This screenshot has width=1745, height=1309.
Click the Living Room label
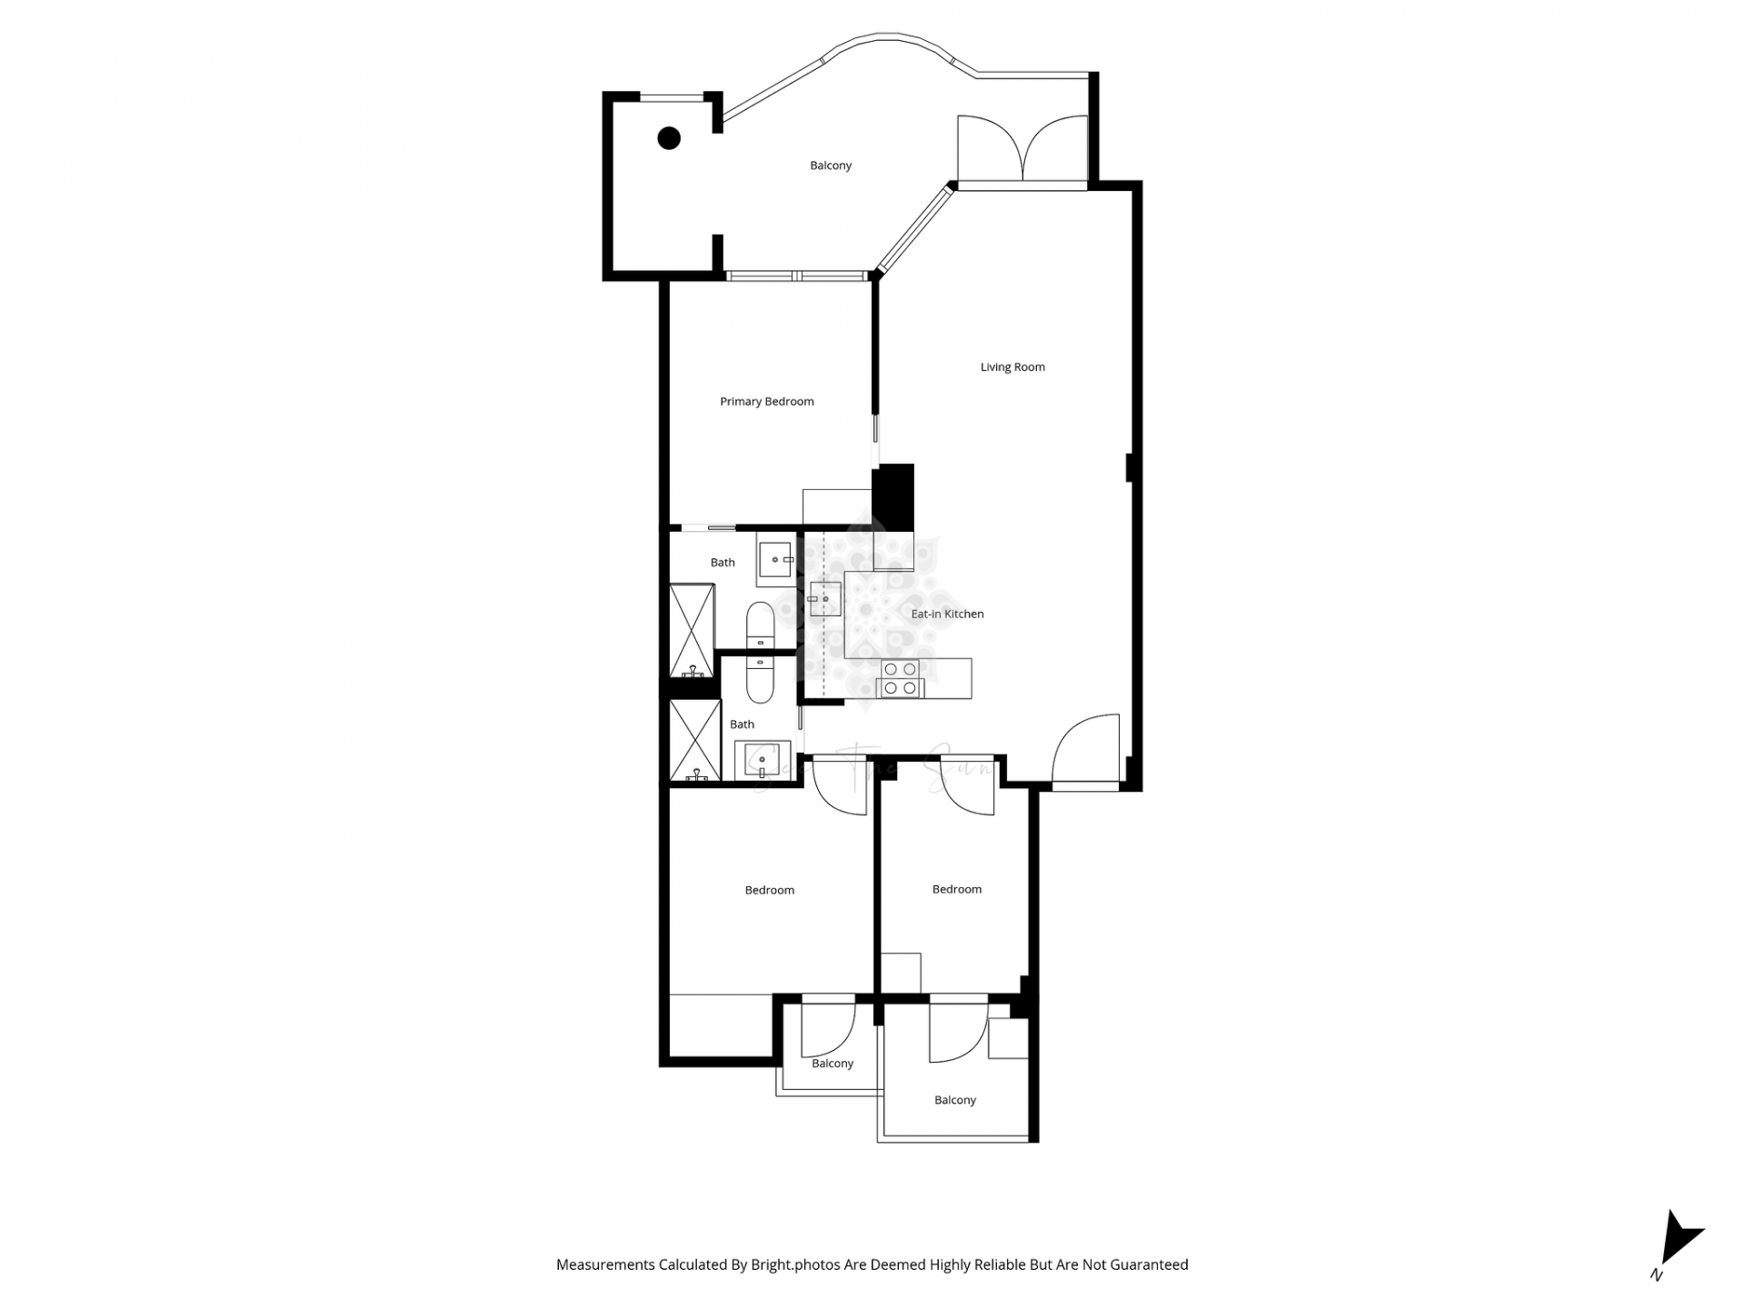(x=1012, y=367)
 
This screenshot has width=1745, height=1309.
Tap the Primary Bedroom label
(x=766, y=402)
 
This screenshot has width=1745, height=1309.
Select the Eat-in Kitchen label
(x=947, y=615)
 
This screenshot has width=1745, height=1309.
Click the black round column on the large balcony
(x=669, y=138)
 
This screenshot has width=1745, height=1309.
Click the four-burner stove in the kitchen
(x=900, y=680)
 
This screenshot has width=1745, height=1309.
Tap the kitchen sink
(x=825, y=599)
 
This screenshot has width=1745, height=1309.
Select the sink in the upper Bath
(x=774, y=560)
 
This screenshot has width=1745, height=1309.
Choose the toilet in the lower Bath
(x=760, y=682)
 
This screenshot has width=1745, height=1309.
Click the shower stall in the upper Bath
(x=692, y=631)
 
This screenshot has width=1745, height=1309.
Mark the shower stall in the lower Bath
(x=694, y=740)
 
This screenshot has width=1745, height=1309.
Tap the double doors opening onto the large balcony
(x=1022, y=150)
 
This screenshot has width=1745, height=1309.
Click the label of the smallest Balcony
(x=833, y=1064)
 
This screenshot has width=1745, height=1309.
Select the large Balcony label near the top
(x=831, y=165)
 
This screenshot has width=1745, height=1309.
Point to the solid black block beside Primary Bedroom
(x=893, y=496)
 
